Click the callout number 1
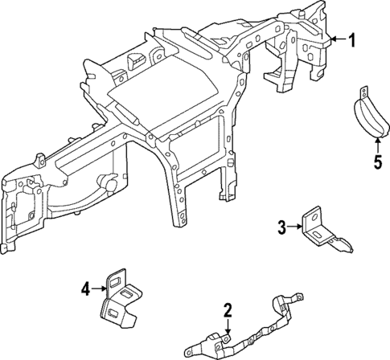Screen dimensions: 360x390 (x=351, y=39)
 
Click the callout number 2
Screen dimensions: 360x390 (x=228, y=309)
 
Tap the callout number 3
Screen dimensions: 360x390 (x=282, y=227)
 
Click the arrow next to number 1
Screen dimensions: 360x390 (x=338, y=39)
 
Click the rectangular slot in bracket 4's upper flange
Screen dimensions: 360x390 (x=118, y=279)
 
